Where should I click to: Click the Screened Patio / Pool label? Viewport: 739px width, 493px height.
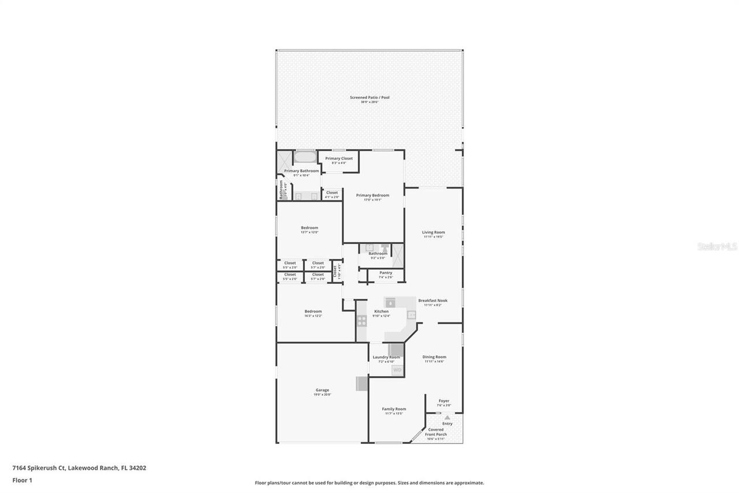click(369, 97)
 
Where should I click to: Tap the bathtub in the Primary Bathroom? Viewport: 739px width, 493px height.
click(305, 157)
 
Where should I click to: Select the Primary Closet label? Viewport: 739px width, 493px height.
click(338, 158)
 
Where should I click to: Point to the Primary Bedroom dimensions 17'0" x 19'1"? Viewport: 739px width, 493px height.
click(372, 200)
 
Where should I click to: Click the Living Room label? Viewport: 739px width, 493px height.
click(433, 232)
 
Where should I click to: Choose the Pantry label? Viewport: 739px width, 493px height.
click(386, 273)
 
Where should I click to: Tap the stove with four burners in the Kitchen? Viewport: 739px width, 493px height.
click(361, 321)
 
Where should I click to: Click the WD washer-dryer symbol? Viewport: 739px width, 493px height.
click(397, 370)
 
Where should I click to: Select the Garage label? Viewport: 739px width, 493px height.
click(322, 390)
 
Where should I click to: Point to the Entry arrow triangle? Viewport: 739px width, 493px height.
click(447, 417)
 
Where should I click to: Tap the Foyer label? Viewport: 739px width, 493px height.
click(443, 401)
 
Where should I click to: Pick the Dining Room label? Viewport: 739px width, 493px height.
click(434, 357)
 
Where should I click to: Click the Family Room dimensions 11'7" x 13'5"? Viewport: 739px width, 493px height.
click(394, 414)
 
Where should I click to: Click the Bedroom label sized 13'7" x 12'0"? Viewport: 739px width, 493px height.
click(309, 228)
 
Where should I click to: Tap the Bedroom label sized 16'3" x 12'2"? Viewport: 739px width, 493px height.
click(313, 311)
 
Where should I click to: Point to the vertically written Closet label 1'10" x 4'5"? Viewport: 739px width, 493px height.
click(335, 270)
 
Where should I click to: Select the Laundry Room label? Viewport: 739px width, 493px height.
click(386, 357)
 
